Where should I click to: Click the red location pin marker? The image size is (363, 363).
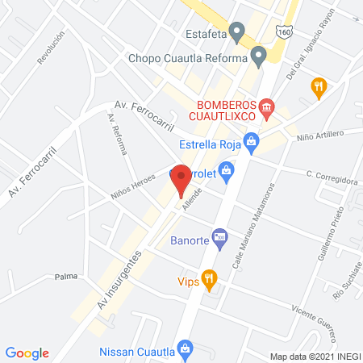182,179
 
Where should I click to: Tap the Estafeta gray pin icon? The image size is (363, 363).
237,33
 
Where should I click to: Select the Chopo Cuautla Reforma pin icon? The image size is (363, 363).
259,57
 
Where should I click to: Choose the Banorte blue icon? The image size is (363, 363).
222,239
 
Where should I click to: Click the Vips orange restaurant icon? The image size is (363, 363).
209,281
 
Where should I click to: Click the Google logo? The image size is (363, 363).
27,353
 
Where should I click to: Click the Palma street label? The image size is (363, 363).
66,277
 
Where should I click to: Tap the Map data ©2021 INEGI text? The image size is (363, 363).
315,356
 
